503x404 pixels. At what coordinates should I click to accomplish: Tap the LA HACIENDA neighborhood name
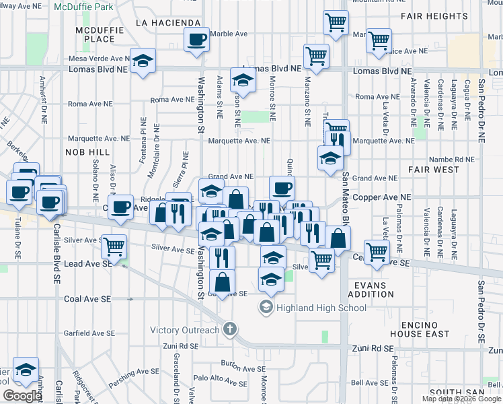click(168, 22)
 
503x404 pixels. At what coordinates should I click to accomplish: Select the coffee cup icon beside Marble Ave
click(196, 41)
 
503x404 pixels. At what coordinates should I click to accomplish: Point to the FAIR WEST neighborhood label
click(433, 170)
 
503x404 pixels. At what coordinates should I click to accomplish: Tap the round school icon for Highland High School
click(266, 308)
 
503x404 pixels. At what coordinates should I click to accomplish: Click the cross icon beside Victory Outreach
click(230, 330)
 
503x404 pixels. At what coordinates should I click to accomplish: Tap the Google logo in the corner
click(22, 396)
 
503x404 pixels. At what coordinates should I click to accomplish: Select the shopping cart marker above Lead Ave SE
click(114, 247)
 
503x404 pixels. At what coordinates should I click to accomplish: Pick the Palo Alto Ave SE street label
click(220, 382)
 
